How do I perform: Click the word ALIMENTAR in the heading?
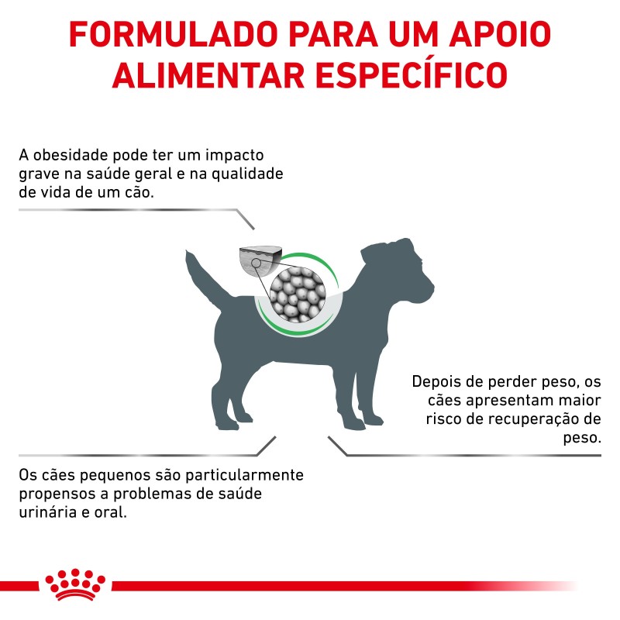208,74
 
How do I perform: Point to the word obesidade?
71,155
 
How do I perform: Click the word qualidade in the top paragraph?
247,174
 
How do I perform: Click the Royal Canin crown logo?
75,584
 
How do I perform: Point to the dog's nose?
431,286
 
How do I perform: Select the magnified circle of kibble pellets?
298,294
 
